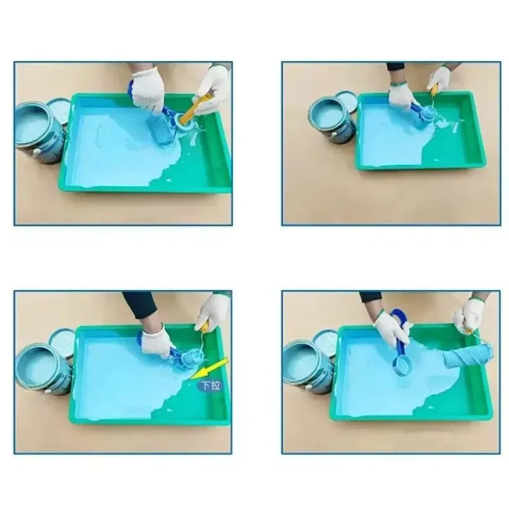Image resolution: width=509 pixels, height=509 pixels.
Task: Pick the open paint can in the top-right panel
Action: click(331, 120)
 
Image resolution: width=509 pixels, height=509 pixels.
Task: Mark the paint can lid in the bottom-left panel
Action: click(62, 342)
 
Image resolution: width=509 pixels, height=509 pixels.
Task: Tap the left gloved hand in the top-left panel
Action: click(148, 89)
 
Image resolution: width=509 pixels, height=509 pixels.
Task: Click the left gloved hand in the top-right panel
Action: click(401, 95)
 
